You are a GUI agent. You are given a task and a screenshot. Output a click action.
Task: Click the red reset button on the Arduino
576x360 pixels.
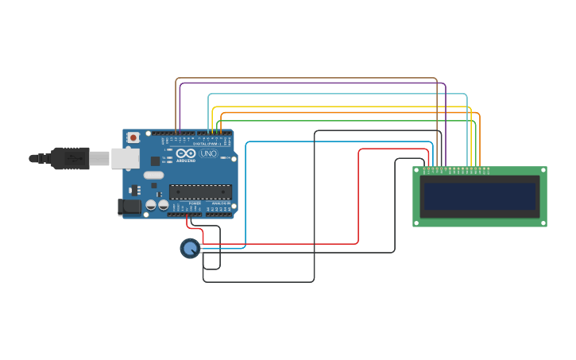tap(133, 137)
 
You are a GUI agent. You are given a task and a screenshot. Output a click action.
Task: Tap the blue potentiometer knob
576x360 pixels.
tap(189, 249)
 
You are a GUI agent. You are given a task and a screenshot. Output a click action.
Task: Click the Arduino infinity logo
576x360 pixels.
tap(186, 153)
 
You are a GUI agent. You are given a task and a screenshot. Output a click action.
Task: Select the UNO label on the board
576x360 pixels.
tap(208, 153)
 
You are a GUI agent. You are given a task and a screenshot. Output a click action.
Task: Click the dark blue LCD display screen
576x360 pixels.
tap(479, 196)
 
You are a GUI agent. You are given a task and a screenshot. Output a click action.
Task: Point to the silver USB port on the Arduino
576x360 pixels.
tap(125, 159)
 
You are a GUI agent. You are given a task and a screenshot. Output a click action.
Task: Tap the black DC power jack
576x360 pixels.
tap(129, 207)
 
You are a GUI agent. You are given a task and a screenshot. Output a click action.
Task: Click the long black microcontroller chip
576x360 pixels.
tap(200, 192)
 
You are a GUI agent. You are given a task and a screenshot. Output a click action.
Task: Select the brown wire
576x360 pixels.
tap(306, 78)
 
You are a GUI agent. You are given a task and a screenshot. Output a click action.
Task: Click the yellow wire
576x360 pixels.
tap(342, 106)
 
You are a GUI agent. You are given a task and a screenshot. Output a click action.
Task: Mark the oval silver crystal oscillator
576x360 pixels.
tap(154, 175)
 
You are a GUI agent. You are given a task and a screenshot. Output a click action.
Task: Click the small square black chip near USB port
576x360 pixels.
tap(156, 161)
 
